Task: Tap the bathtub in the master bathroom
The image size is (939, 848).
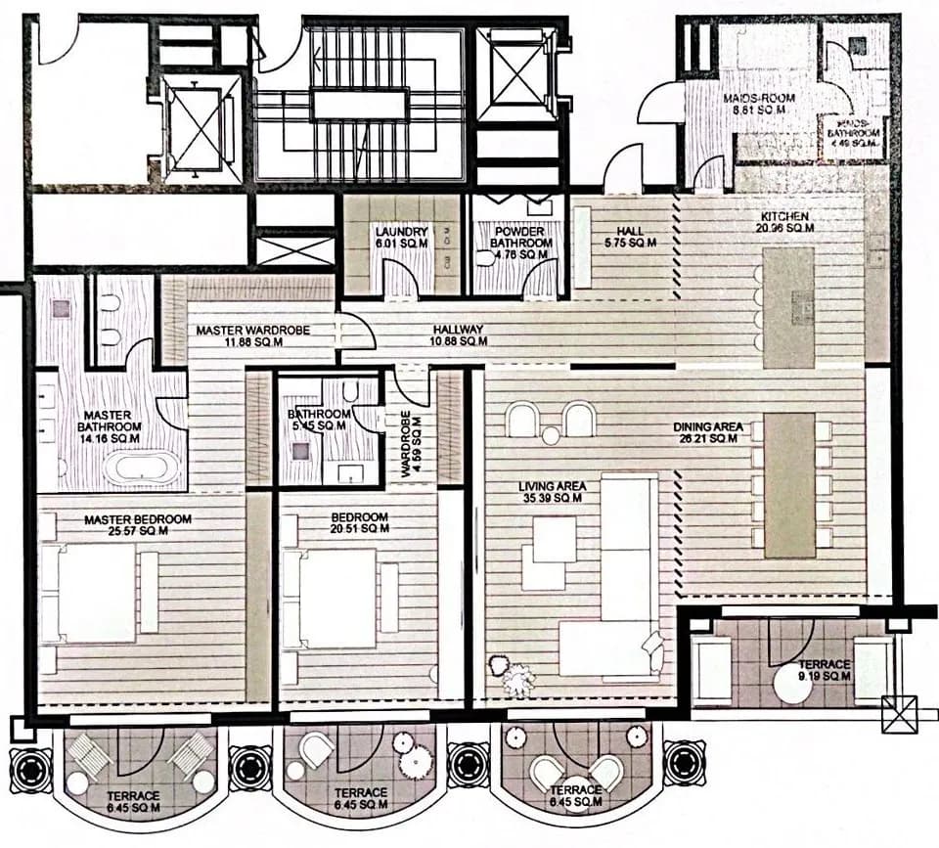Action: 142,468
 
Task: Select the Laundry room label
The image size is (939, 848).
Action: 401,237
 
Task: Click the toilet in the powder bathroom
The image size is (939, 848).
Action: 486,258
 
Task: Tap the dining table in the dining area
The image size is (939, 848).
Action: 789,485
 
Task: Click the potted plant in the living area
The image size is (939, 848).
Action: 512,676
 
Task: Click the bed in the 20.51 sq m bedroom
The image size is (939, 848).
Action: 335,598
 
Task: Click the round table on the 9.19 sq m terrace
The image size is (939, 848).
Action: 794,683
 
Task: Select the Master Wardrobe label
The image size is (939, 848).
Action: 252,335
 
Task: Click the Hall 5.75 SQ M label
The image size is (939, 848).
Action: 623,237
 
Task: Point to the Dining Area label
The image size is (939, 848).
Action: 709,432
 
